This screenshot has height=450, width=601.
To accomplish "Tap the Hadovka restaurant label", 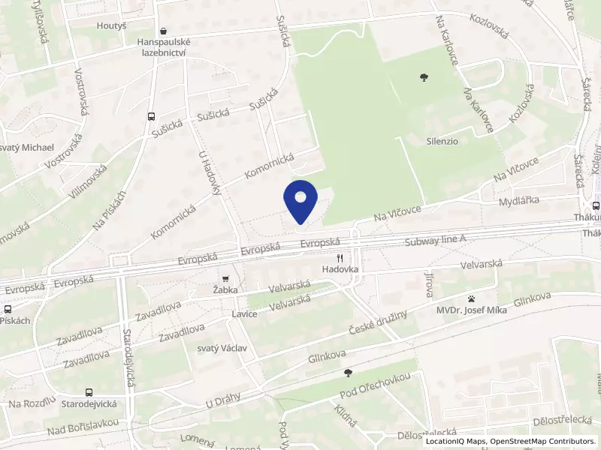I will click(x=343, y=268).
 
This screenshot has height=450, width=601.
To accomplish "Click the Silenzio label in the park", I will click(x=442, y=140).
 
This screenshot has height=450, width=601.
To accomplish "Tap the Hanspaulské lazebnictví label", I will click(x=164, y=48).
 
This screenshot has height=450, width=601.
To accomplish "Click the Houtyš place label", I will click(x=111, y=25).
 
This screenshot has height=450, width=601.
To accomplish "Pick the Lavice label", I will click(x=245, y=313).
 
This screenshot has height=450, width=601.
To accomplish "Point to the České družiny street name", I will click(x=379, y=322).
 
